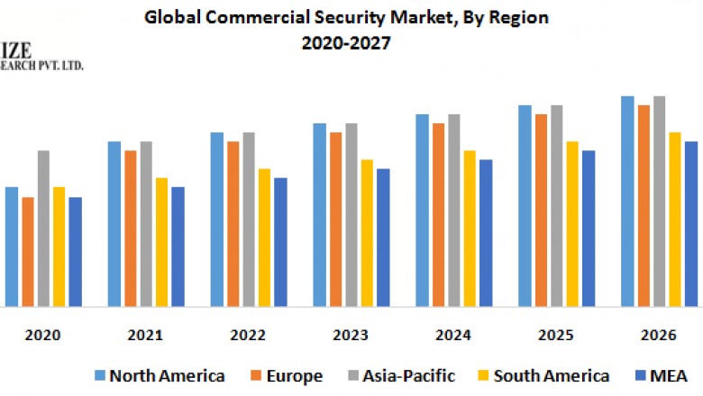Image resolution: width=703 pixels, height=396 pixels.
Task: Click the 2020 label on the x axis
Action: click(x=42, y=335)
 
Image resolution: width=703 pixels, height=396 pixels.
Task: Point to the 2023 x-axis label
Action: click(x=350, y=335)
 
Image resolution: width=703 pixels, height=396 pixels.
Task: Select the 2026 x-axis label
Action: click(x=659, y=335)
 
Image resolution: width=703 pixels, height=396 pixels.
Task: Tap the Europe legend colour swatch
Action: click(x=255, y=375)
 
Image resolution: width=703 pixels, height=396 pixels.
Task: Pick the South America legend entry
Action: click(x=549, y=375)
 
